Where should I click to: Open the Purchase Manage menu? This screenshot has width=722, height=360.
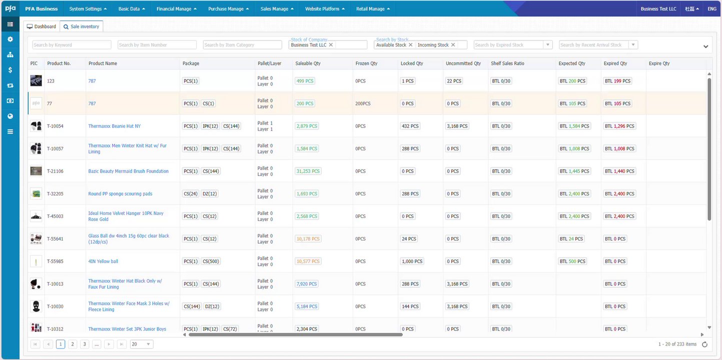[x=228, y=9]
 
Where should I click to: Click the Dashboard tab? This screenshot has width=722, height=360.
[x=42, y=26]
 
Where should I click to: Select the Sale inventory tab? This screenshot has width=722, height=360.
[x=82, y=26]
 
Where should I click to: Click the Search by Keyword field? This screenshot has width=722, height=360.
[x=72, y=45]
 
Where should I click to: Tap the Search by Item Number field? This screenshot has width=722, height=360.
[x=157, y=45]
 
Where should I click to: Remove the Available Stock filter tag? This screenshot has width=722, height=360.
[x=411, y=45]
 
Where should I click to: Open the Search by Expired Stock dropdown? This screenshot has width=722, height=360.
[x=548, y=45]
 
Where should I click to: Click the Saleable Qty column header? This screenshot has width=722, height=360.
[x=308, y=63]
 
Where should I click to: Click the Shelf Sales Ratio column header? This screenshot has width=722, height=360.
[x=507, y=63]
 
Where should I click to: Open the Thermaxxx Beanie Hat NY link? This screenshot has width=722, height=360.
[x=114, y=126]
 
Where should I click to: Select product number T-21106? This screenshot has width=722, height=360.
[x=55, y=171]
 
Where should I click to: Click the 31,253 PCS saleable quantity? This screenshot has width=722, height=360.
[x=307, y=171]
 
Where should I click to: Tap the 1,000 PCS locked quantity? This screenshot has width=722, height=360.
[x=412, y=261]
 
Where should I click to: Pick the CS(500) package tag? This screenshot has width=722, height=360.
[x=211, y=261]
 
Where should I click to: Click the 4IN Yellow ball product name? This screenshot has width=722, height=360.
[x=103, y=261]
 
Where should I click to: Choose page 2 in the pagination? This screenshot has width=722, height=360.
[x=73, y=344]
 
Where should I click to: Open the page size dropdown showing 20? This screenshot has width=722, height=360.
[x=142, y=344]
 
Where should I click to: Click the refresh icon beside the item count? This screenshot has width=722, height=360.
[x=705, y=344]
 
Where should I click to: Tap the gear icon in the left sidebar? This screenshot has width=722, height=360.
[x=10, y=39]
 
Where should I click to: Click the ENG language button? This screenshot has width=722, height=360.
[x=711, y=9]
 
